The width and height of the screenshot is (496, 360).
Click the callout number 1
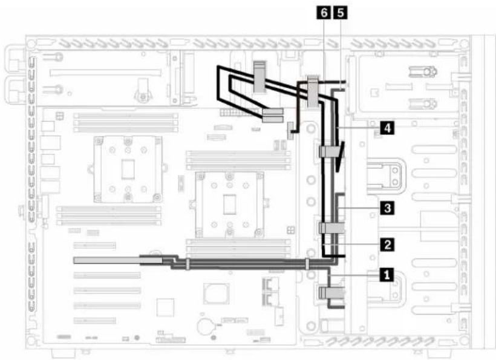[387, 275]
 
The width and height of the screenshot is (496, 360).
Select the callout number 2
[387, 244]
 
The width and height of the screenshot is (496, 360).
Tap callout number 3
[387, 208]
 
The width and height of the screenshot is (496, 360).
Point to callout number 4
[387, 128]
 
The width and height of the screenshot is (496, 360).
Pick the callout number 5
[341, 13]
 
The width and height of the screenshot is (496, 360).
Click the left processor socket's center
[128, 169]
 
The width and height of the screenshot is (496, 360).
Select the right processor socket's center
[230, 205]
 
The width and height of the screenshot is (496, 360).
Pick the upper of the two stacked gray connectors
[273, 112]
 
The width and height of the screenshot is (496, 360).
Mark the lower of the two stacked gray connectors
[273, 119]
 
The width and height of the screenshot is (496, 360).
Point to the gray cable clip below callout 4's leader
[331, 151]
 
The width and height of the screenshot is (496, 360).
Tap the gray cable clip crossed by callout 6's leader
[313, 92]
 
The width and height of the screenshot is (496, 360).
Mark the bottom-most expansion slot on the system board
[94, 321]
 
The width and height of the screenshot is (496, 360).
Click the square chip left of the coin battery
[165, 307]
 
